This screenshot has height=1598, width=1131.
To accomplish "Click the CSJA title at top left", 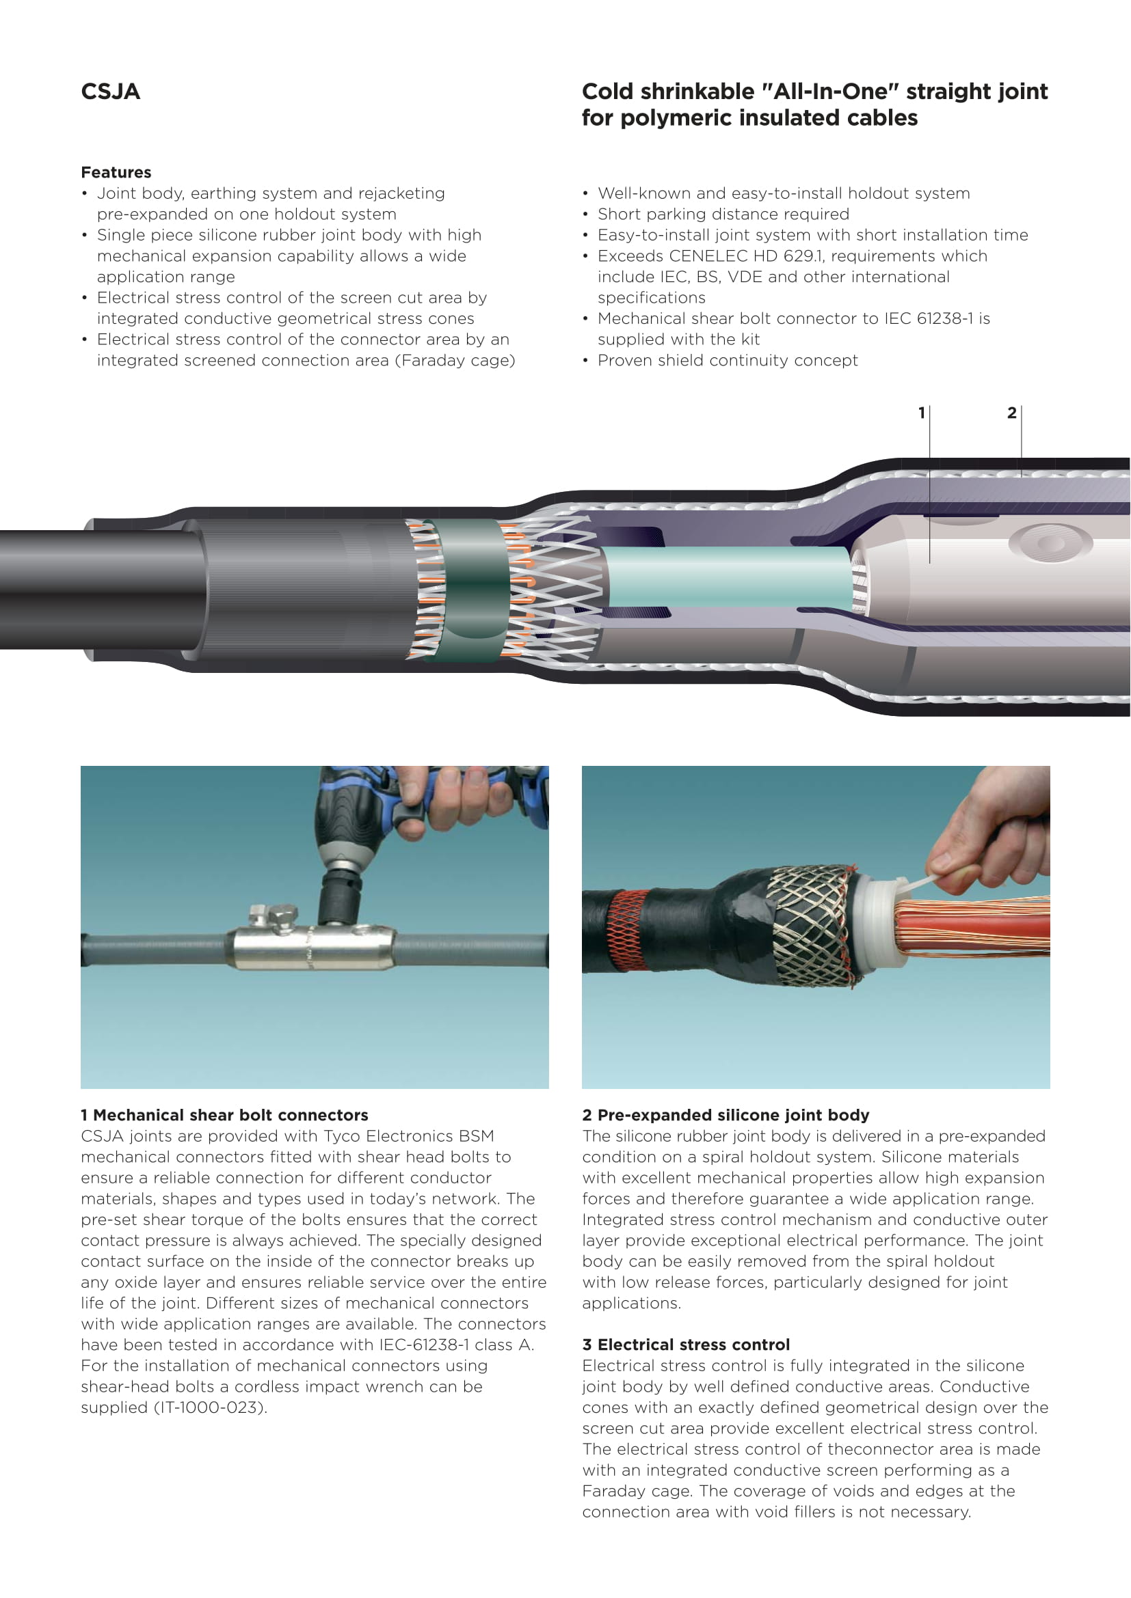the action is (x=110, y=92).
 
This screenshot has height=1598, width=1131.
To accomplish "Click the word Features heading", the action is (x=116, y=173).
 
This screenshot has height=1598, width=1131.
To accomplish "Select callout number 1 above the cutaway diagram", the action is (x=921, y=413).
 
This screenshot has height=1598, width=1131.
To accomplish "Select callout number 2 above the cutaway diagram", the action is (x=1012, y=413).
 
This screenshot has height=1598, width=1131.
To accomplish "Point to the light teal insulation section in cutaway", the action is (x=728, y=577).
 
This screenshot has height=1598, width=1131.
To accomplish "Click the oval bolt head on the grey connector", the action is (x=1050, y=542).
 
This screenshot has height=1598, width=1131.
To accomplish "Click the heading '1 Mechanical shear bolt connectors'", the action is (x=224, y=1115).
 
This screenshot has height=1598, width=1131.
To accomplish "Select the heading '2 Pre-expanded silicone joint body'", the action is (x=726, y=1115).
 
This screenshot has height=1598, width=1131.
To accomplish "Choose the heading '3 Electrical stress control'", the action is (x=686, y=1345).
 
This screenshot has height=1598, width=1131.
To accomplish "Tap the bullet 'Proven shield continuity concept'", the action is (x=728, y=361).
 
